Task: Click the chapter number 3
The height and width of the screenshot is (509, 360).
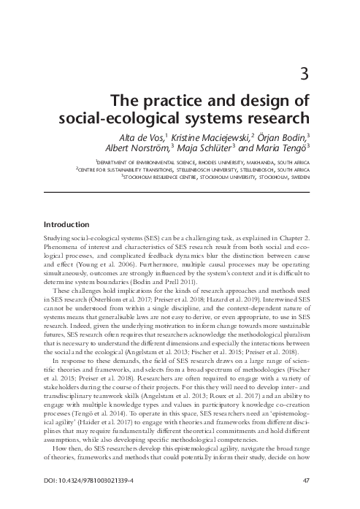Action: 303,72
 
